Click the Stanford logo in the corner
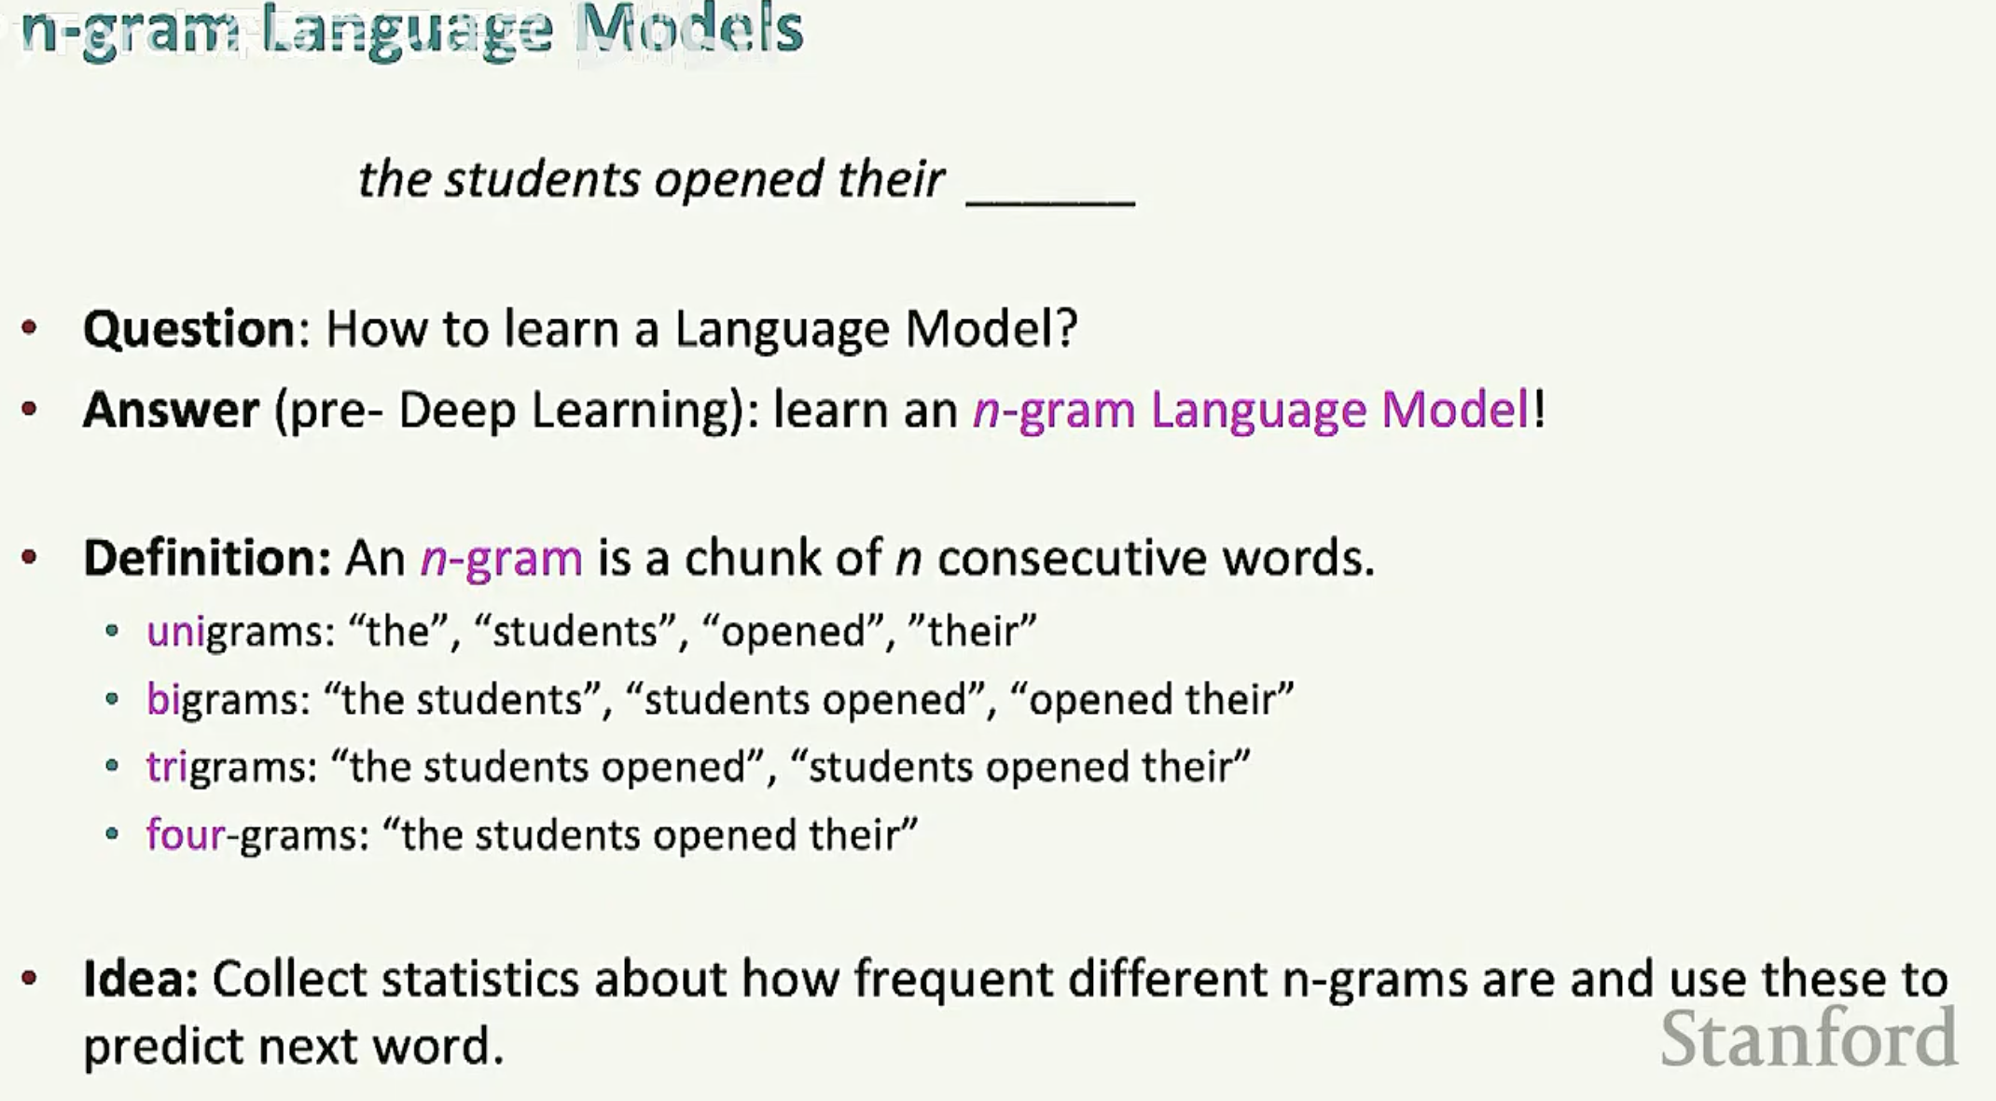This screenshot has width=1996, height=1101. click(1809, 1038)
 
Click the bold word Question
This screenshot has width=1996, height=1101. click(189, 329)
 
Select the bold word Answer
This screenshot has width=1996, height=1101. click(171, 411)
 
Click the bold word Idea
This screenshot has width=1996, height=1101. click(140, 979)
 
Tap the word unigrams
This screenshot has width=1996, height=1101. click(240, 633)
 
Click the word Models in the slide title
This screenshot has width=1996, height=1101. click(688, 29)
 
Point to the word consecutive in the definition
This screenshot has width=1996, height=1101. click(1072, 558)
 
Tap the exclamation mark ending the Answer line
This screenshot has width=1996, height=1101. click(1539, 411)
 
